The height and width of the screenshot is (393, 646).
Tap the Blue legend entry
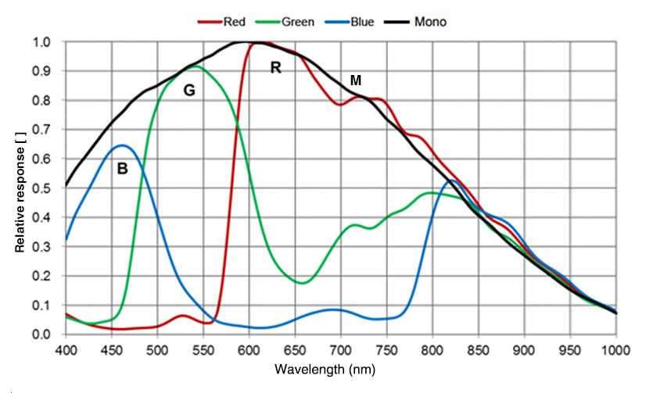[x=361, y=22]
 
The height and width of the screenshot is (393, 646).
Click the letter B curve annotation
[x=122, y=168]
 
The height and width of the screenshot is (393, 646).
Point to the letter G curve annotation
[x=188, y=91]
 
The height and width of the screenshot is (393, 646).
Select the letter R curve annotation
[x=275, y=68]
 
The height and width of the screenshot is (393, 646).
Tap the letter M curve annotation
[x=356, y=80]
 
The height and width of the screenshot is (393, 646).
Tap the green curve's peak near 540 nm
[x=195, y=66]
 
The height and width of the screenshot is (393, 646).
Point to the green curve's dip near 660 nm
[x=303, y=283]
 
